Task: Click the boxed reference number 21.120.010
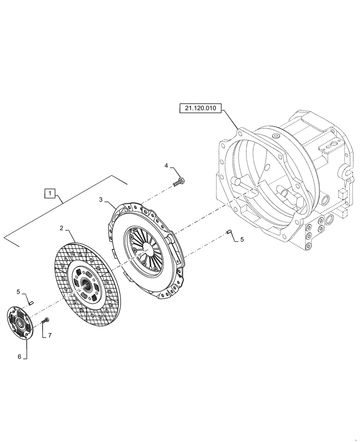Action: pyautogui.click(x=200, y=109)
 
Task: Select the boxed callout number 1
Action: pyautogui.click(x=50, y=193)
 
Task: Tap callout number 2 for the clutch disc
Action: pyautogui.click(x=62, y=229)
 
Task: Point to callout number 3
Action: pyautogui.click(x=101, y=200)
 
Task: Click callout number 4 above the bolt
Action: pyautogui.click(x=166, y=166)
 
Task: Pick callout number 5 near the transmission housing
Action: pyautogui.click(x=242, y=240)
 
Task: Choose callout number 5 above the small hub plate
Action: pyautogui.click(x=18, y=292)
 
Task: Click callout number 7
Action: pyautogui.click(x=50, y=336)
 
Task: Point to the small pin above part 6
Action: pyautogui.click(x=32, y=302)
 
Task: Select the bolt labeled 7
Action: pyautogui.click(x=46, y=320)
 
